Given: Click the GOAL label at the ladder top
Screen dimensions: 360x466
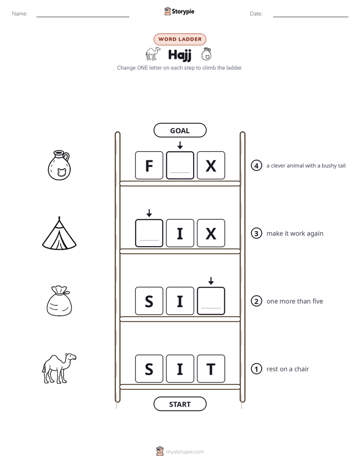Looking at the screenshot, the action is tap(180, 131).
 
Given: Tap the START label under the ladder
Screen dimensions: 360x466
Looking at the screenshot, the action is tap(180, 404).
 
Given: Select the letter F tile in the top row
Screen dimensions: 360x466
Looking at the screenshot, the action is tap(149, 165).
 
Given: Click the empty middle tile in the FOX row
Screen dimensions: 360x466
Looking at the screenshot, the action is tap(180, 165).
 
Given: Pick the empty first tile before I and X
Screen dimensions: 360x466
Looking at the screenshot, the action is tap(149, 234).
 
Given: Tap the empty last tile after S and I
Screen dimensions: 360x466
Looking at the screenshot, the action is tap(211, 301).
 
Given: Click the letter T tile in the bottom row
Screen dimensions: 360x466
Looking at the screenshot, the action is tap(211, 369).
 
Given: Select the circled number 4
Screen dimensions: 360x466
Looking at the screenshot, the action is tap(256, 165).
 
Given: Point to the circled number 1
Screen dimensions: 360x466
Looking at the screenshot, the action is tap(256, 369).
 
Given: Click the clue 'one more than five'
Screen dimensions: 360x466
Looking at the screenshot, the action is tap(294, 302).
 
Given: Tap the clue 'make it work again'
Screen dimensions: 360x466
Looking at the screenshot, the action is tap(295, 234).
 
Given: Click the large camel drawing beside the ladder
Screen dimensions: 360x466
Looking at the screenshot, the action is tap(59, 369).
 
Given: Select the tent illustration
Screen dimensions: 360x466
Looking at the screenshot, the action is tap(59, 234).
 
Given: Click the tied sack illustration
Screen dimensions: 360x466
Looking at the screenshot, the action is tap(59, 301).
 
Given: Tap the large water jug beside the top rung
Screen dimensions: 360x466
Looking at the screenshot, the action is tap(59, 165).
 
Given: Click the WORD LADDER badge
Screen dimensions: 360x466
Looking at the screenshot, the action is tap(180, 39).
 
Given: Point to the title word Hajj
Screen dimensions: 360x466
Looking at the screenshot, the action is tap(179, 55).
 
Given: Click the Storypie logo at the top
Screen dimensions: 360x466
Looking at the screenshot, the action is tap(179, 11).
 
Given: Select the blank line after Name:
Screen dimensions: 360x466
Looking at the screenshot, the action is tap(83, 17).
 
